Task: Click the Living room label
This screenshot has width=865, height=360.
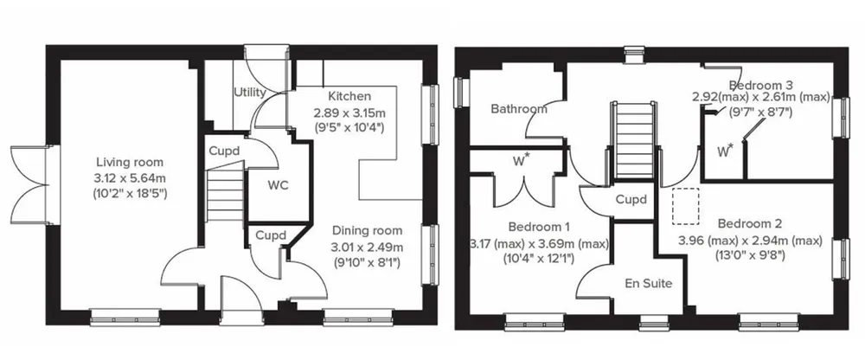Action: coord(130,163)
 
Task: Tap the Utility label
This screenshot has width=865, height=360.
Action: coord(250,93)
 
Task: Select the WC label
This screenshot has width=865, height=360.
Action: coord(278,185)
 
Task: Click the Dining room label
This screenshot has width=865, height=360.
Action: coord(367,230)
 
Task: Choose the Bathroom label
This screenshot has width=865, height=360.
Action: coord(519,109)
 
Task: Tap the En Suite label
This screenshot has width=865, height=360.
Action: coord(649,283)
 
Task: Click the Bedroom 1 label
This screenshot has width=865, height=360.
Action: coord(539,227)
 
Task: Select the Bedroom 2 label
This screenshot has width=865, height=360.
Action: coord(750,223)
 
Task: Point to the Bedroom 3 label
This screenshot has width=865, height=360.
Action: coord(761,85)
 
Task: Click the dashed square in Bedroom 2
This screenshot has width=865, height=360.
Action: coord(685,207)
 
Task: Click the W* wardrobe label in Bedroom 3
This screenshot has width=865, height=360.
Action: coord(726,150)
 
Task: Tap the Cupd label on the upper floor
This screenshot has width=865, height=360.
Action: coord(631,199)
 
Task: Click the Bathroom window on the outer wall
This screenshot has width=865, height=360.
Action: coord(459,92)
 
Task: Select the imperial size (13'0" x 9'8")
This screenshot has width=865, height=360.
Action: coord(750,255)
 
